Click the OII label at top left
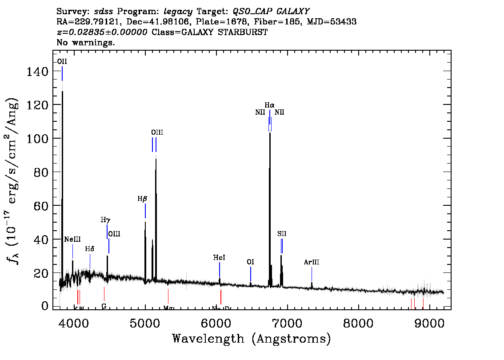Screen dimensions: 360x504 click(x=62, y=61)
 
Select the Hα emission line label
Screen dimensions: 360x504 click(x=270, y=105)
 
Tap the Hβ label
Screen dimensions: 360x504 click(x=142, y=199)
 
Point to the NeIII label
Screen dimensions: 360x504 click(x=72, y=240)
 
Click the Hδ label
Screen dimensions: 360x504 click(x=90, y=249)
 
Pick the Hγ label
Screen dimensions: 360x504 click(x=105, y=220)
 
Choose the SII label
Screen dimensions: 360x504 click(x=282, y=234)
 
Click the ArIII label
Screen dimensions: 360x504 click(x=312, y=262)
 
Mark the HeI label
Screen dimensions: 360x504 click(x=219, y=258)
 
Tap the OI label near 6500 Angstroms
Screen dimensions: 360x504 click(x=250, y=262)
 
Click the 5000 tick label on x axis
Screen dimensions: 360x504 click(x=145, y=322)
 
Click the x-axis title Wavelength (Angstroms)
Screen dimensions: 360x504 click(x=252, y=339)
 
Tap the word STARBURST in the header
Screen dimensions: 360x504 click(x=247, y=32)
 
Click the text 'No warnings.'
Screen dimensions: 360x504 click(x=86, y=43)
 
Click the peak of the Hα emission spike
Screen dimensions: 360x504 click(x=270, y=133)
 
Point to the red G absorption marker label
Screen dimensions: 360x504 click(x=104, y=307)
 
